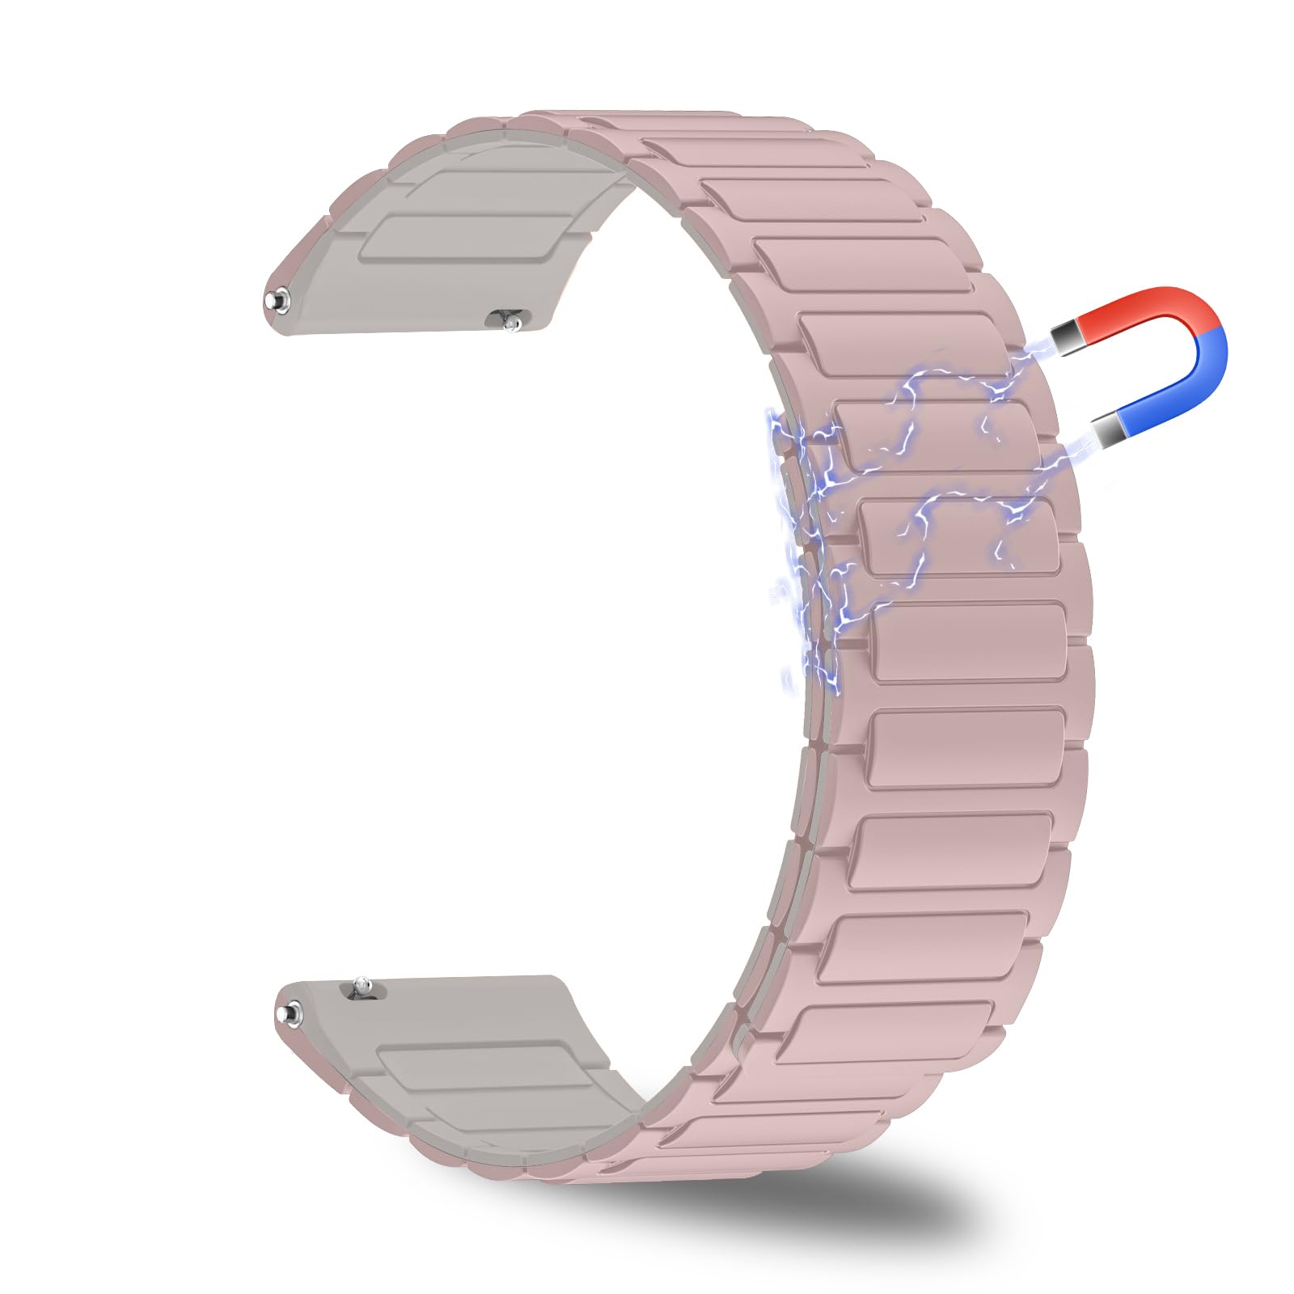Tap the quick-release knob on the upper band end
(511, 321)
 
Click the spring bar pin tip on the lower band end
(289, 1012)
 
